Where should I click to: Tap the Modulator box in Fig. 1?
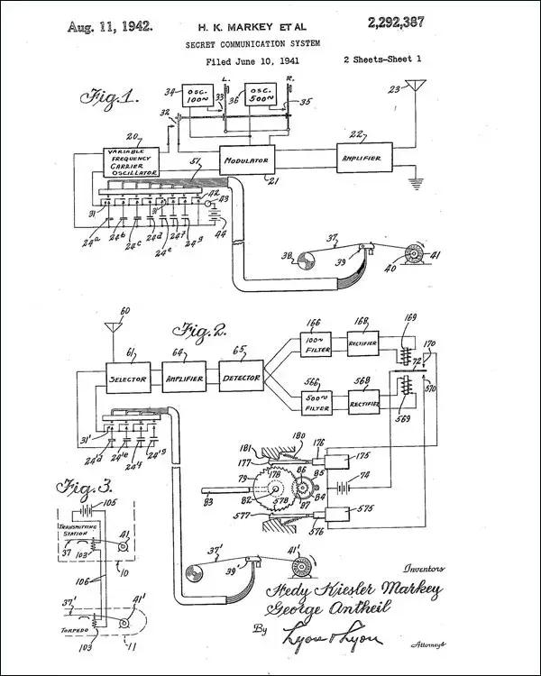[x=246, y=160]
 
